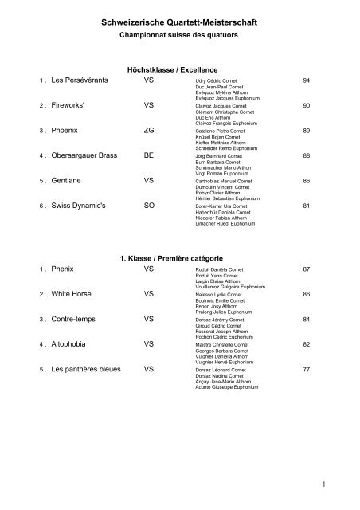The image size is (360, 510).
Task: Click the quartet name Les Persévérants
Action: point(82,81)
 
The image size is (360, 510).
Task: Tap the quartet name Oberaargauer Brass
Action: point(90,157)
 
